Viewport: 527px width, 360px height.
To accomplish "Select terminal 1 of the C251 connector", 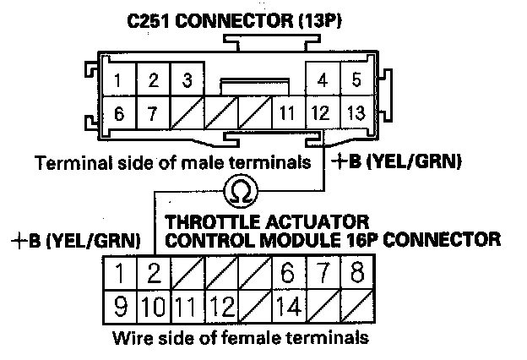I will tap(121, 81).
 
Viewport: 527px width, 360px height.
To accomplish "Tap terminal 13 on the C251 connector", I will tap(356, 111).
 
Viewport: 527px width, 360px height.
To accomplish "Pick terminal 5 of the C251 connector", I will tap(356, 81).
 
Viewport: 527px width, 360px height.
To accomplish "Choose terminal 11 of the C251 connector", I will tap(287, 111).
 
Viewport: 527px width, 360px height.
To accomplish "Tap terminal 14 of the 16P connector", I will tap(289, 304).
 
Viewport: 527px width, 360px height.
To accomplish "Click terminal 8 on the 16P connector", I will tap(355, 273).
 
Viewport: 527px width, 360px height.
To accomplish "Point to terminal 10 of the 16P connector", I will tap(153, 304).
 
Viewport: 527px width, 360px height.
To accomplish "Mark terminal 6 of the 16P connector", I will tap(289, 273).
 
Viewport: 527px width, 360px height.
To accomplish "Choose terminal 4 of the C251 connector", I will tap(321, 81).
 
